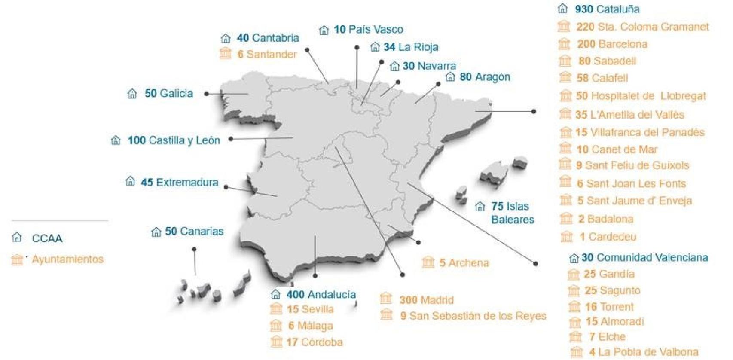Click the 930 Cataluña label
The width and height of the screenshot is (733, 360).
coord(607,9)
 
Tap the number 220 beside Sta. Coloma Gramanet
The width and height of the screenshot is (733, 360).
coord(585,27)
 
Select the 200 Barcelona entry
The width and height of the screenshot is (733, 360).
coord(612,44)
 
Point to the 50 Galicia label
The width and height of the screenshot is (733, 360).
coord(168,93)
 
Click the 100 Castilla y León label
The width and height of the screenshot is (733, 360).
coord(174,140)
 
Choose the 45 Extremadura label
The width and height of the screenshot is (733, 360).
coord(179,182)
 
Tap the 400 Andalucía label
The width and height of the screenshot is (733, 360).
coord(321,295)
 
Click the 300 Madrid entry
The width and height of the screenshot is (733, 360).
coord(426,300)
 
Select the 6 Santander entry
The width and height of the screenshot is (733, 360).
coord(267,54)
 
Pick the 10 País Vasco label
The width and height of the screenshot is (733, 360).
coord(368,29)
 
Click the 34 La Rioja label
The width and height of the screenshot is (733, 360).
coord(410,47)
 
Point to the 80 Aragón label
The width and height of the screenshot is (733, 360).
coord(485,77)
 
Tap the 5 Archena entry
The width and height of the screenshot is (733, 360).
coord(464,263)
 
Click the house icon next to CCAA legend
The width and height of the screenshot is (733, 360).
coord(17,237)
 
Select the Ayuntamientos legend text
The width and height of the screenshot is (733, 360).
coord(67,259)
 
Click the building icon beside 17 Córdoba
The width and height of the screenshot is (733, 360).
coord(276,342)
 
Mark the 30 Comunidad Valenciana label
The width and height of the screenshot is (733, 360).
coord(644,258)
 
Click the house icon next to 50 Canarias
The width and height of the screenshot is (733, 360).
coord(156,232)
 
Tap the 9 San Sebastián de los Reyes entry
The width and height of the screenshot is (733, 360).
coord(473,316)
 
